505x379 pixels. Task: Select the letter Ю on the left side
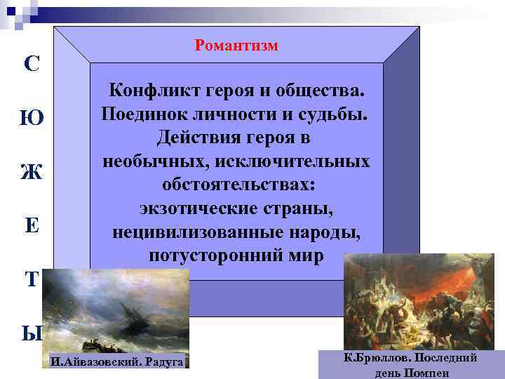click(x=32, y=119)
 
